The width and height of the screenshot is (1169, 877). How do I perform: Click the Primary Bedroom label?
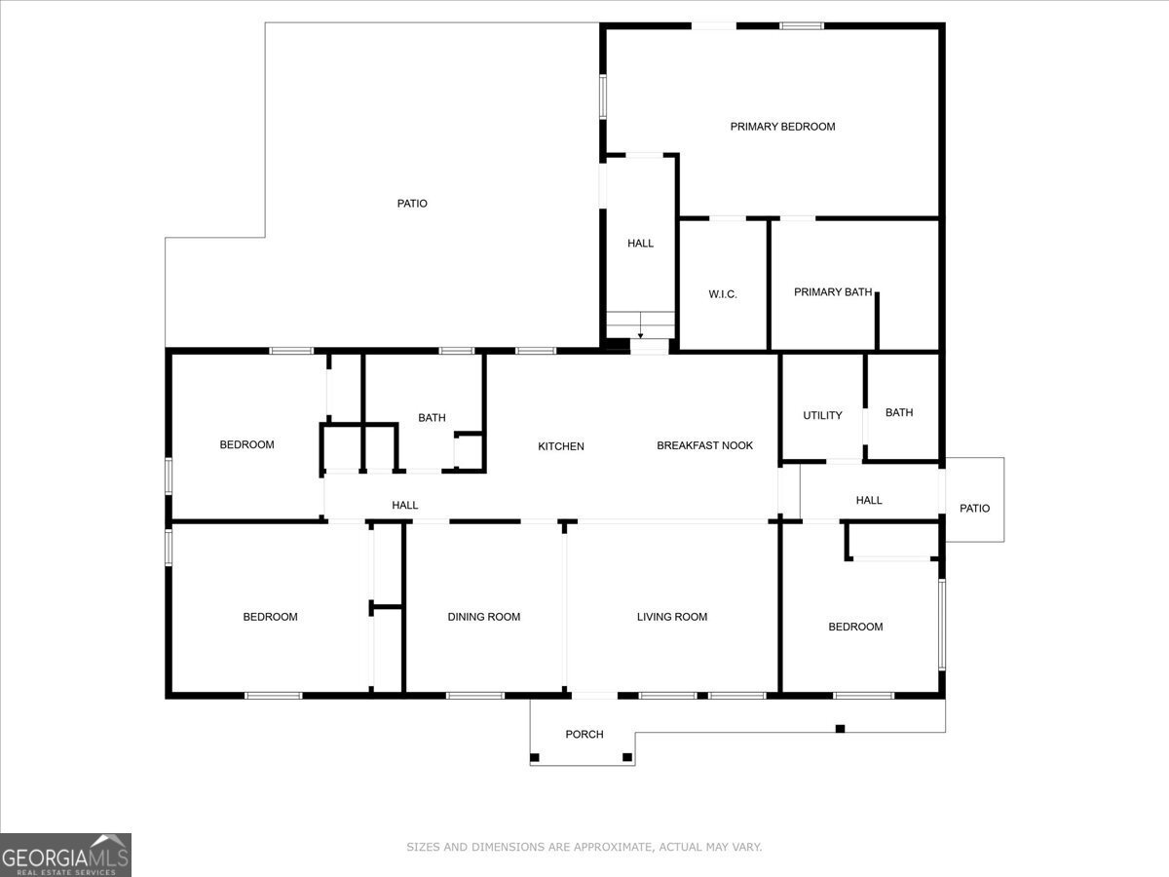[x=782, y=127]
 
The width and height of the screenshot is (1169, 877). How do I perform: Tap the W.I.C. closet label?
[x=722, y=294]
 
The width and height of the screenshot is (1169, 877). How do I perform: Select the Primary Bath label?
[x=832, y=292]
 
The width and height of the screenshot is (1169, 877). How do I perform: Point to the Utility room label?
[x=822, y=416]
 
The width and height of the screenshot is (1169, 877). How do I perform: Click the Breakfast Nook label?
[x=704, y=446]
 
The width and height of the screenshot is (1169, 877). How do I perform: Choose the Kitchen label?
[x=561, y=447]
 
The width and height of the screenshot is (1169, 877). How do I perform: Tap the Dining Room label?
[x=483, y=617]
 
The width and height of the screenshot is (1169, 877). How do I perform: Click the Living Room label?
[x=671, y=617]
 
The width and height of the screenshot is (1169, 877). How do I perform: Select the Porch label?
[x=584, y=735]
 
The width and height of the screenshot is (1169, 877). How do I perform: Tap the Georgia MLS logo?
[x=65, y=855]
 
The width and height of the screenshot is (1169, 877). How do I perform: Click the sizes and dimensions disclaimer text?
[x=584, y=848]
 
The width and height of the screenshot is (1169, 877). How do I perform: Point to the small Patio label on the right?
[x=974, y=509]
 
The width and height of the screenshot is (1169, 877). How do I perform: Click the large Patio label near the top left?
[x=412, y=204]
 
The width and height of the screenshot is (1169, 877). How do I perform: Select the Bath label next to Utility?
[x=899, y=413]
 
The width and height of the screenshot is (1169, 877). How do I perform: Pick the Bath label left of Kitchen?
[x=432, y=418]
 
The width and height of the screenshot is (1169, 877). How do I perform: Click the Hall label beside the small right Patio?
[x=869, y=501]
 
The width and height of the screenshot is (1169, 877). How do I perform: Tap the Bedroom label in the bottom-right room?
[x=855, y=628]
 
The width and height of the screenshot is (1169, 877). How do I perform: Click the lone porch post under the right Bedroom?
[x=840, y=728]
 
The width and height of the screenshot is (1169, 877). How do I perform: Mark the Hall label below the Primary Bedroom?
[x=640, y=244]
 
